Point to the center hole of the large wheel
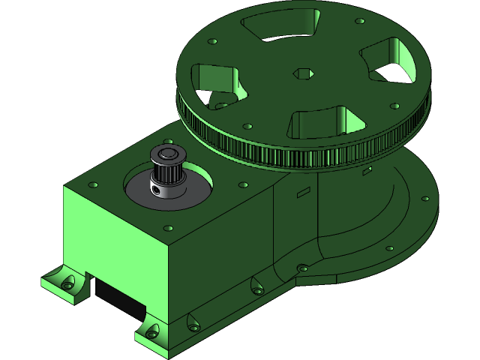[x=301, y=73]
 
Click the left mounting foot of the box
[x=63, y=283]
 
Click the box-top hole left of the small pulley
[x=95, y=183]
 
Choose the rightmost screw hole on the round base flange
[x=425, y=199]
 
